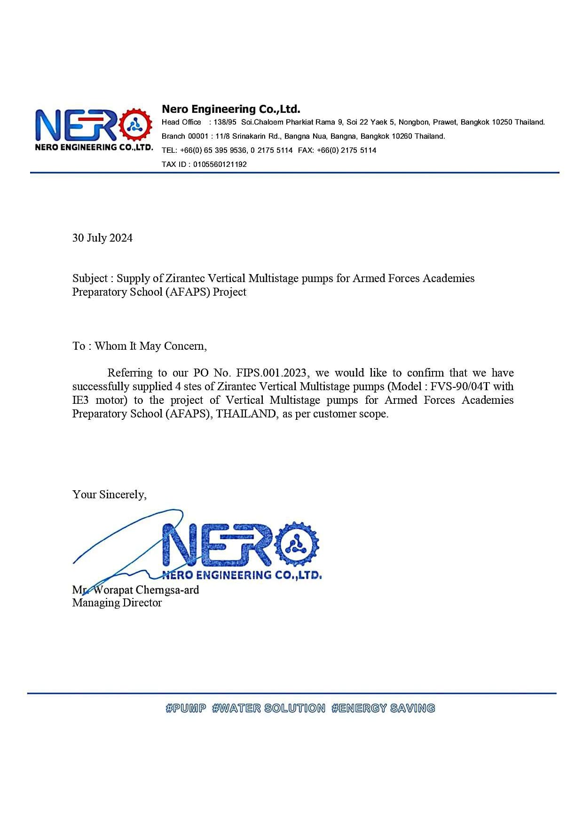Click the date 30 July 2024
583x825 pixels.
(102, 238)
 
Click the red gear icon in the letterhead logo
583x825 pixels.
(136, 125)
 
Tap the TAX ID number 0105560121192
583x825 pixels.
(220, 165)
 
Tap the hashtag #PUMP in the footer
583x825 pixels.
(186, 708)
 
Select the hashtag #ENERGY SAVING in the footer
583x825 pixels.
(383, 708)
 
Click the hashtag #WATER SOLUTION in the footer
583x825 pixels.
(268, 708)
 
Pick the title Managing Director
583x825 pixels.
(117, 603)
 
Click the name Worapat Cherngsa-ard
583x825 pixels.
(146, 590)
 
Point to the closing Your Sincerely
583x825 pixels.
(109, 495)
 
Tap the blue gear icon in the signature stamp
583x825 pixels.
(296, 544)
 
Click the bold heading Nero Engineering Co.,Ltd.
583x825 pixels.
(231, 109)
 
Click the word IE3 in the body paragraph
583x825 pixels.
(80, 401)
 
